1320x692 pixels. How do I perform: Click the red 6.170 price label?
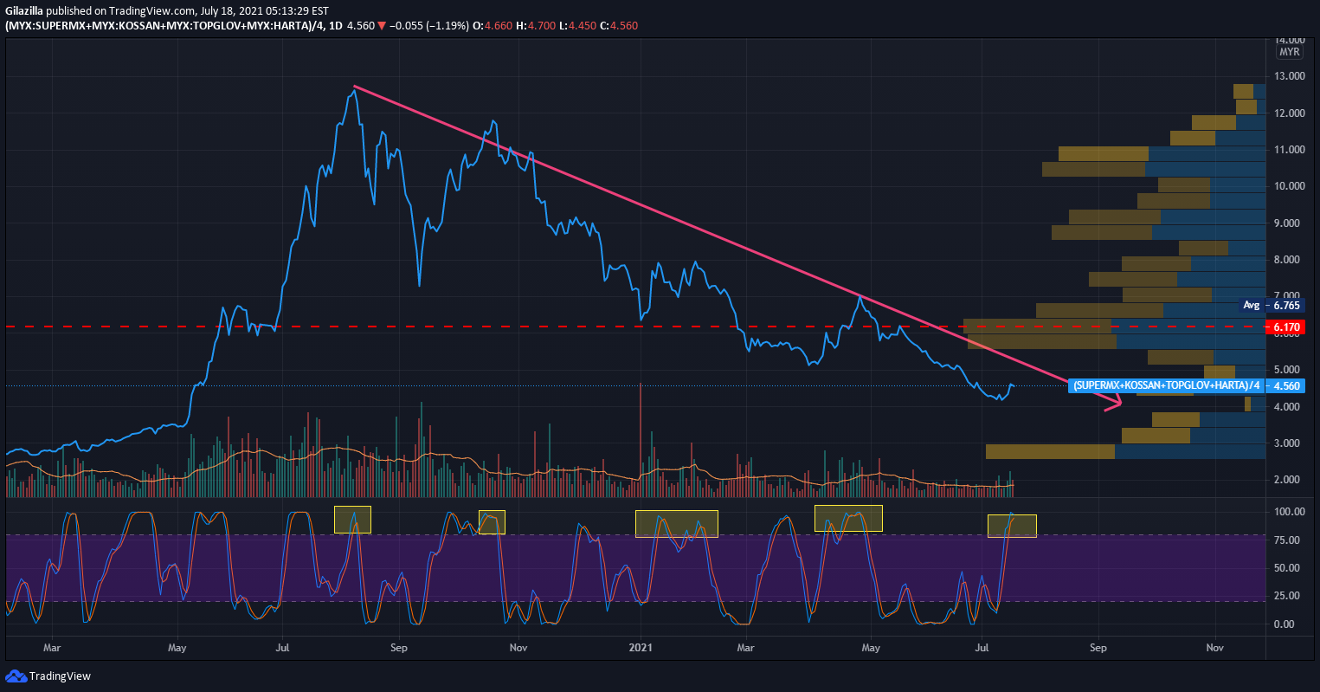(1287, 327)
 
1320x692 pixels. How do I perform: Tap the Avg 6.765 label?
(1278, 305)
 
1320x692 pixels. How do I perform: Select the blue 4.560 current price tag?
(1287, 385)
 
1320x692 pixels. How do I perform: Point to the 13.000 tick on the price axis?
(1290, 76)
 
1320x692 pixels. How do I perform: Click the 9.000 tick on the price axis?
(1290, 223)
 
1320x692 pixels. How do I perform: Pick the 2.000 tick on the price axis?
(1290, 479)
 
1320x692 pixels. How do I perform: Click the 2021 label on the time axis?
(641, 647)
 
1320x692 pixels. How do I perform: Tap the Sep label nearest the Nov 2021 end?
(1098, 647)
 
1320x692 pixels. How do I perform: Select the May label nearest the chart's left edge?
(177, 647)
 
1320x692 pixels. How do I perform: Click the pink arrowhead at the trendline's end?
(1116, 402)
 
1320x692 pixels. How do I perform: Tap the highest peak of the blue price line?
(352, 89)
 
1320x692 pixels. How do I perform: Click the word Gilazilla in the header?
(24, 10)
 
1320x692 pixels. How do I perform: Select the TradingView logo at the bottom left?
(48, 676)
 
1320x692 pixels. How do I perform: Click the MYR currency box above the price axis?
(1289, 52)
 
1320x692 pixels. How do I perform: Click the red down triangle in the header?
(382, 26)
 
